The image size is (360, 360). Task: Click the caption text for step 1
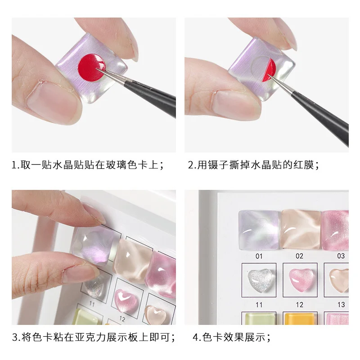point(87,165)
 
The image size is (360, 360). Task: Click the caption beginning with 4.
point(232,337)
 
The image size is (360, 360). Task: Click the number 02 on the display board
point(299,256)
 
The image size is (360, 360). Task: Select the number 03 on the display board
point(341,256)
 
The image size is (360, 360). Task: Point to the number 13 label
point(341,305)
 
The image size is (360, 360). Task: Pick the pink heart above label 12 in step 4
point(299,279)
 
